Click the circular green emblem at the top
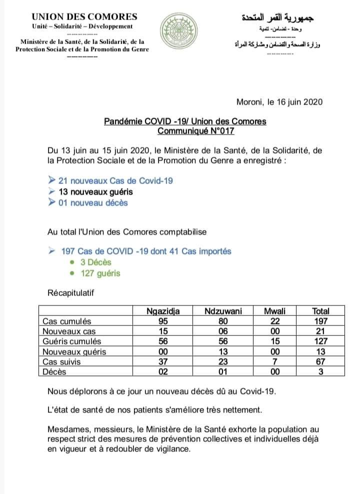click(178, 32)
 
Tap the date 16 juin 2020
click(295, 102)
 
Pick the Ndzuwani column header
click(223, 311)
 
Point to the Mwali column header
click(274, 311)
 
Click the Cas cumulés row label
click(67, 321)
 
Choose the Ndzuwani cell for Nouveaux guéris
click(223, 351)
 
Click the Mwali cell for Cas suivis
click(274, 361)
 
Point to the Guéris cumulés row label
click(72, 341)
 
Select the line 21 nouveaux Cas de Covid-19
click(115, 180)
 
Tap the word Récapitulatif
click(70, 291)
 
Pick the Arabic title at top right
click(276, 18)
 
